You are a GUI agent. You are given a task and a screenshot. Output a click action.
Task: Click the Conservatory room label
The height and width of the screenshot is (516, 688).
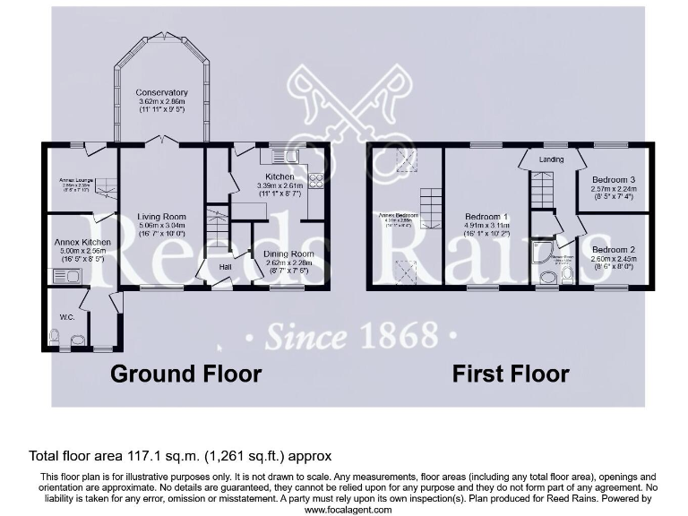pos(162,92)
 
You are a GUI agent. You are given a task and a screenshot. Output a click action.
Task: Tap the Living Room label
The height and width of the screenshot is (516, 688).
pos(161,217)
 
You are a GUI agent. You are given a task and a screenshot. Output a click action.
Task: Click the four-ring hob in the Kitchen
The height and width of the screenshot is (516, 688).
pos(315,183)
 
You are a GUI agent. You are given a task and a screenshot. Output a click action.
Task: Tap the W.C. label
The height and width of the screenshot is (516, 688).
pos(66,315)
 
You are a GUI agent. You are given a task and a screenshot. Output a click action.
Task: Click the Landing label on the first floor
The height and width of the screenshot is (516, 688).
pos(551,159)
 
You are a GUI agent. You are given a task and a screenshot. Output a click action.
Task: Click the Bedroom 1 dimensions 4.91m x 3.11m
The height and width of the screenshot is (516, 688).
pos(486,227)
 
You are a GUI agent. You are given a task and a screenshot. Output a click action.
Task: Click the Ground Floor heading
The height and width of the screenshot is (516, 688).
pos(185,373)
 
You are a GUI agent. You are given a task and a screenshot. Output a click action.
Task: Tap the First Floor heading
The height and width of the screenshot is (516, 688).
pos(510,373)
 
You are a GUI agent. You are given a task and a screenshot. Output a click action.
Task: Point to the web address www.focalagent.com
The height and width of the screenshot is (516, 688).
pos(348,509)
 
